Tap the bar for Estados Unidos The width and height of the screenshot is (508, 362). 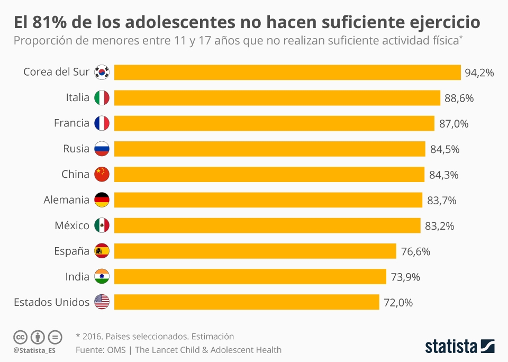247,302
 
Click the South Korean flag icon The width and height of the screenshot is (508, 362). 102,73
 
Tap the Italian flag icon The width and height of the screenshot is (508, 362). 102,98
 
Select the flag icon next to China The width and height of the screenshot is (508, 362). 102,174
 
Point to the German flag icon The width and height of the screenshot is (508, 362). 102,200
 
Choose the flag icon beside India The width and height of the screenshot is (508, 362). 102,277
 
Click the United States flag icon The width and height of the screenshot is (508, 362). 102,302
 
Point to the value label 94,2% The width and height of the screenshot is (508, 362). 479,73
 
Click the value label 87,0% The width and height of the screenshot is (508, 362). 454,124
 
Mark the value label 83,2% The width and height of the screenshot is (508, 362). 439,226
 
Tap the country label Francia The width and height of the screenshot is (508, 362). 71,123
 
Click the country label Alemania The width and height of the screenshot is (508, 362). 66,200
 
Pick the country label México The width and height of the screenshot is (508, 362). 72,225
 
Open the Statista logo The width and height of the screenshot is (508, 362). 460,347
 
